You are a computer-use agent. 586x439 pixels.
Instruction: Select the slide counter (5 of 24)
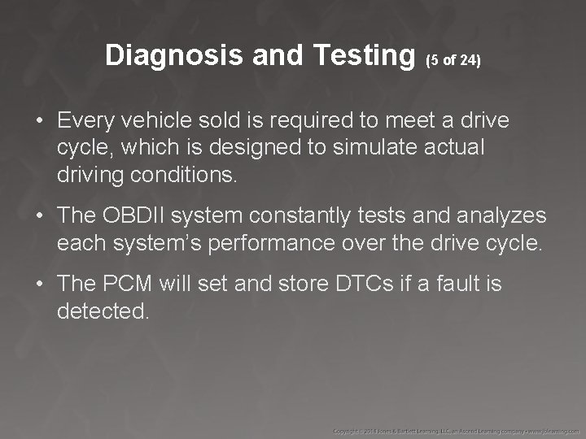[x=454, y=61]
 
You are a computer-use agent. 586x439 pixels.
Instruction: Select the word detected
[x=103, y=310]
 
